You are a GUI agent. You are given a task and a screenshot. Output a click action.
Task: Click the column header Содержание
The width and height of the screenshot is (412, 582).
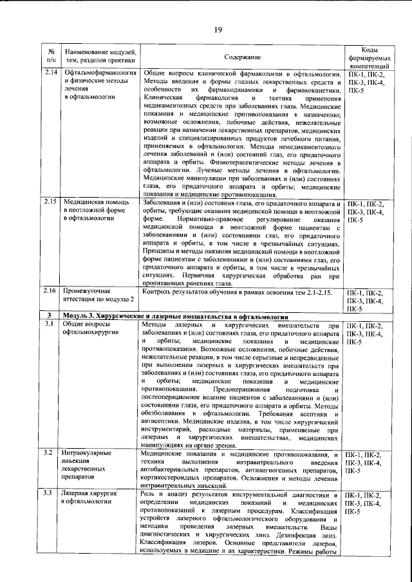pyautogui.click(x=243, y=57)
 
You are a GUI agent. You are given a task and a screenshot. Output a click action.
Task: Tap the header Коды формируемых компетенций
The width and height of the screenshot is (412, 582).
pyautogui.click(x=366, y=57)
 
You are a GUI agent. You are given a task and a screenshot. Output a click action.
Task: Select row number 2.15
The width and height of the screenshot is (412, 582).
pyautogui.click(x=51, y=203)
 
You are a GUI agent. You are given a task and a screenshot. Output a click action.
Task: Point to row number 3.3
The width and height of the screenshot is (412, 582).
pyautogui.click(x=51, y=494)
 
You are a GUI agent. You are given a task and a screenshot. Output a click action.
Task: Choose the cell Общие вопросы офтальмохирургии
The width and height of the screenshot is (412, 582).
pyautogui.click(x=89, y=330)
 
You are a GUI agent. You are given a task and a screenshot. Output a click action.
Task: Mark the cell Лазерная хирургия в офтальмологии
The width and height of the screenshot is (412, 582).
pyautogui.click(x=90, y=498)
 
